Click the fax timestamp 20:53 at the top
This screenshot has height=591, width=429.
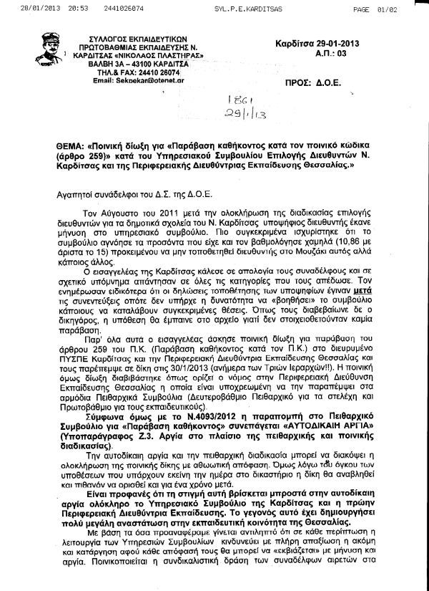(55, 9)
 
